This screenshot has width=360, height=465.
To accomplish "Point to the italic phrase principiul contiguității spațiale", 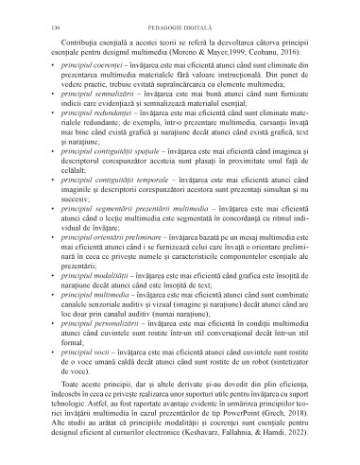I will point(99,175).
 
